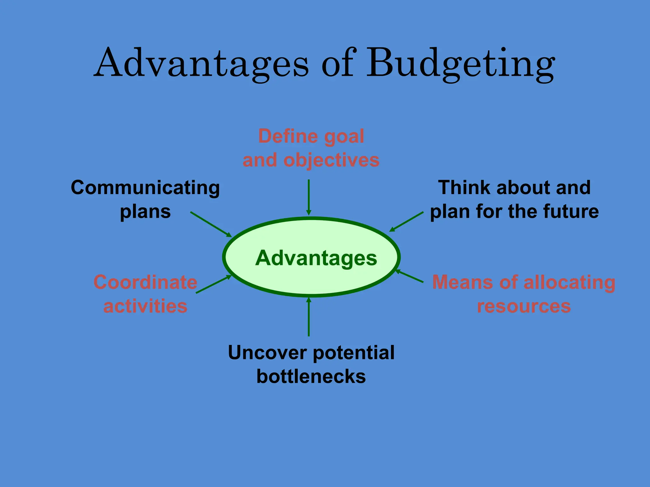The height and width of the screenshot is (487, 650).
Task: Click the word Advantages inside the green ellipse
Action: (x=316, y=258)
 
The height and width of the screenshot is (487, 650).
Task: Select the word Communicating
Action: (x=145, y=188)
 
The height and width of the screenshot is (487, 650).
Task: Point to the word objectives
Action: (x=331, y=160)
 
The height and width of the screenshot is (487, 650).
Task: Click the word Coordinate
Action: (x=145, y=282)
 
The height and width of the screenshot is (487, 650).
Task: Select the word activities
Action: (x=145, y=306)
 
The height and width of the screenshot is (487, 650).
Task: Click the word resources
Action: (x=524, y=306)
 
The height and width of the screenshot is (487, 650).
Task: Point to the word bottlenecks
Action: (x=311, y=377)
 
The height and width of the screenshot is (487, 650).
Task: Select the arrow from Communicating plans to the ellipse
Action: (x=211, y=224)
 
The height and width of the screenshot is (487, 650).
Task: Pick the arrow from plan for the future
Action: (x=406, y=222)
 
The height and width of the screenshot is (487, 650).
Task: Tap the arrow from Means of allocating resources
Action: (x=409, y=276)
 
